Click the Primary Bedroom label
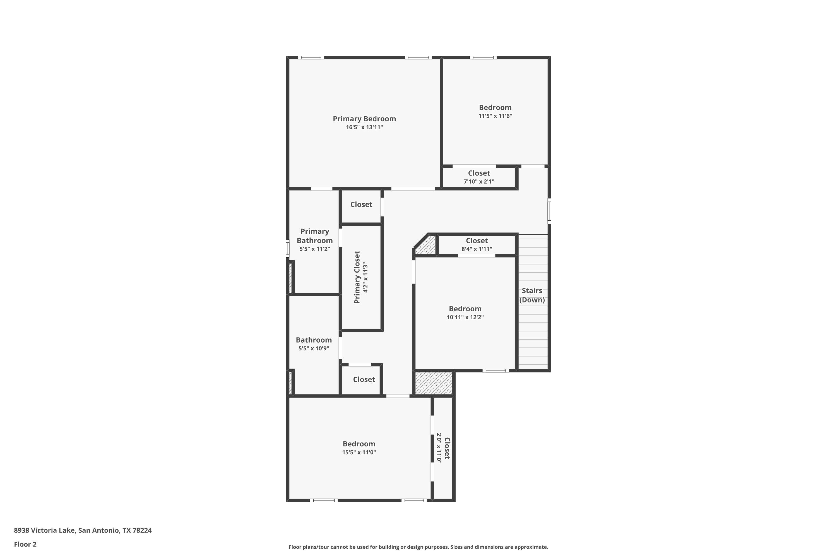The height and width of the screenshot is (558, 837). coord(364,119)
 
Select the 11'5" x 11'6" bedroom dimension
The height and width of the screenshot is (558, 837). coord(495,116)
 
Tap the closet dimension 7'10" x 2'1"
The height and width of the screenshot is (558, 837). coord(479,182)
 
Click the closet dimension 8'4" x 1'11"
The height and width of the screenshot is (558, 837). coord(477,249)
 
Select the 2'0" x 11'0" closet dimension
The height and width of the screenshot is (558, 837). coord(439,448)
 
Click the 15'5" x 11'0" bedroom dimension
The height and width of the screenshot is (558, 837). coord(359,452)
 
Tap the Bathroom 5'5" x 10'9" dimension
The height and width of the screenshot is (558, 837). coord(314,348)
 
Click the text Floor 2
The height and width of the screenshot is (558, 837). coord(25,544)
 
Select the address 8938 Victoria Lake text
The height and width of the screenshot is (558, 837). coord(44,530)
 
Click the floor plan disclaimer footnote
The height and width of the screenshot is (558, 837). coord(418,547)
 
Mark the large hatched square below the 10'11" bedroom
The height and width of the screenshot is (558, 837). coord(434,383)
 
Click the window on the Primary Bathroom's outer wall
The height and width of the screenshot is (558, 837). coord(288,248)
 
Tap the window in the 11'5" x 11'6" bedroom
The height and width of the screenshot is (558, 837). coord(483,57)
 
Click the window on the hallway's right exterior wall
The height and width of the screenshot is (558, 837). coord(549,211)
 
